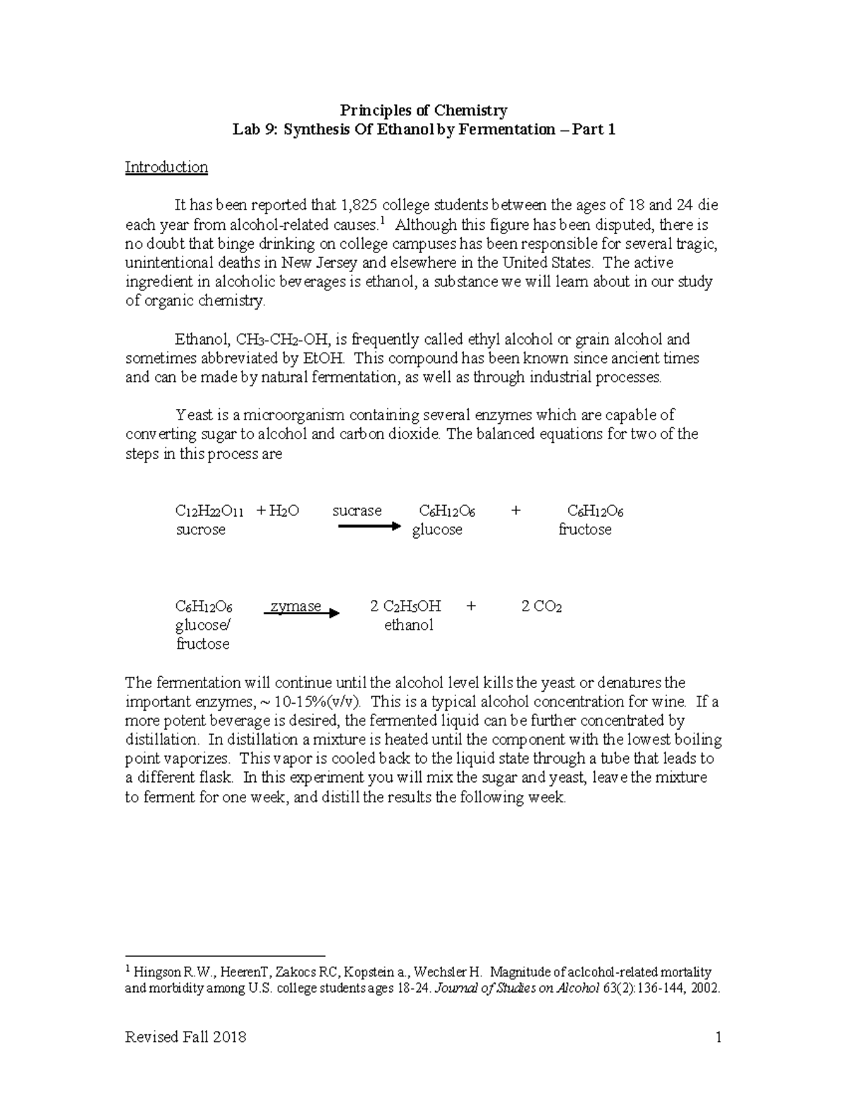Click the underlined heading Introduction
point(166,167)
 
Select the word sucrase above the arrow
point(357,510)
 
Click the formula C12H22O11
point(209,511)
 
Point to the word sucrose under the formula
point(200,530)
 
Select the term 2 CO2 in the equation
point(541,606)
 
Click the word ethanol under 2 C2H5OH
point(408,625)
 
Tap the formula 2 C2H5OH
point(405,606)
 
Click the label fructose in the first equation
point(584,530)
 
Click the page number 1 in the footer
point(718,1037)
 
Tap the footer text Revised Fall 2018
point(185,1037)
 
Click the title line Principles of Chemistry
point(424,110)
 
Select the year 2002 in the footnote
point(705,989)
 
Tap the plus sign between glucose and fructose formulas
point(515,510)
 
